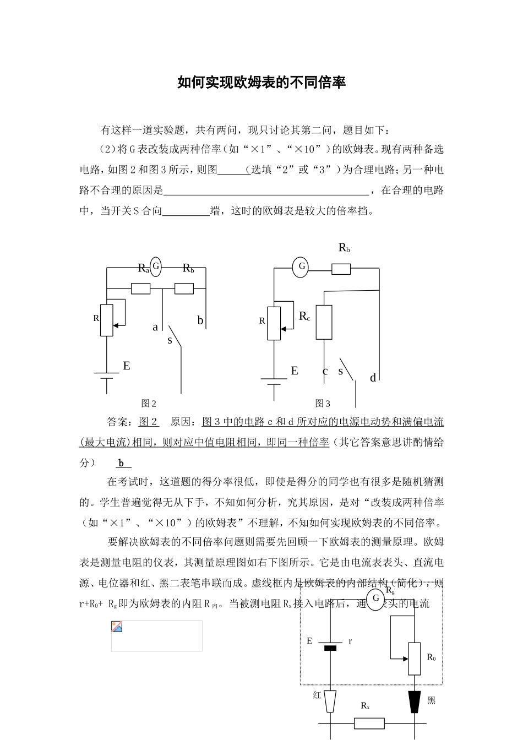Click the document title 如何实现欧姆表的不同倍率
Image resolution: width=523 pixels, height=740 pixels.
261,83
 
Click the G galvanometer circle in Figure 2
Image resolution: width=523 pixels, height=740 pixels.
156,267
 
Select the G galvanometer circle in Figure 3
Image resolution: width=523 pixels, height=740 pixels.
301,267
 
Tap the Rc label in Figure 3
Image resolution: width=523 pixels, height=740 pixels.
304,316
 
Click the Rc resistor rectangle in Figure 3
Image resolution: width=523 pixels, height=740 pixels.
324,322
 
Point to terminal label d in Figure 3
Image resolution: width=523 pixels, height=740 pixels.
373,378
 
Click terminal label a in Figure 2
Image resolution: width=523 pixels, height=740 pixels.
155,327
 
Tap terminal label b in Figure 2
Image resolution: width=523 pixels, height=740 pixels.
200,320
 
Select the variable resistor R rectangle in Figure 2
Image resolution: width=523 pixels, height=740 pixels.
107,320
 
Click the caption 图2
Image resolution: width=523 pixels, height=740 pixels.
149,404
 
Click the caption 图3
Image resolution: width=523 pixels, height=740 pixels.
323,404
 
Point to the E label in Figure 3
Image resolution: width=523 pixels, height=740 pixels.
295,371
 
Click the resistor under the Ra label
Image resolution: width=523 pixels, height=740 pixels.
141,289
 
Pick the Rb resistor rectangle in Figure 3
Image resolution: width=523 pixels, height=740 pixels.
341,269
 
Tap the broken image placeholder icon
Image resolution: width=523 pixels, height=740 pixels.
117,627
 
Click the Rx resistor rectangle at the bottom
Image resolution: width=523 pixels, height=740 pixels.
369,723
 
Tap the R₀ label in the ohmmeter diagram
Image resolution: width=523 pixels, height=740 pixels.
431,657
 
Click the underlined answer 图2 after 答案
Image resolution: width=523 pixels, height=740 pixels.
148,422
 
